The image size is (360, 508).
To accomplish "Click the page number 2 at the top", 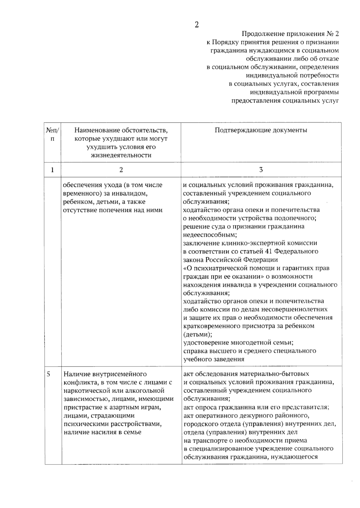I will pyautogui.click(x=196, y=25).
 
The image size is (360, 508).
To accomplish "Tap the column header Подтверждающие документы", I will pyautogui.click(x=261, y=130).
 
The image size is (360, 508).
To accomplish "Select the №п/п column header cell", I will pyautogui.click(x=52, y=135).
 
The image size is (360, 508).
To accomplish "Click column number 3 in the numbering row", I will pyautogui.click(x=261, y=170).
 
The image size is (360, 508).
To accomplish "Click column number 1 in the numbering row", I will pyautogui.click(x=52, y=170).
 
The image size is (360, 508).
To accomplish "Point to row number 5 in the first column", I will pyautogui.click(x=49, y=374).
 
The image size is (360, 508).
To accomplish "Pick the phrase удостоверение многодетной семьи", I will pyautogui.click(x=238, y=342).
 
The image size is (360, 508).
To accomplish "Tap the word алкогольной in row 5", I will pyautogui.click(x=146, y=391).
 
